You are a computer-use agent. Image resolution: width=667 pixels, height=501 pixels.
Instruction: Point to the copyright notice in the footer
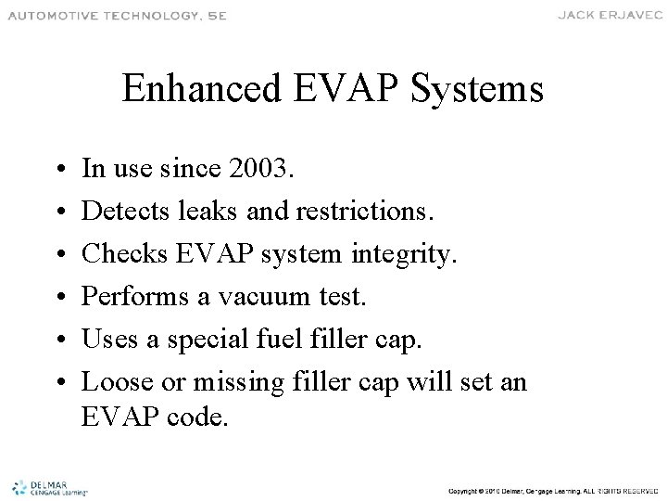click(552, 489)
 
